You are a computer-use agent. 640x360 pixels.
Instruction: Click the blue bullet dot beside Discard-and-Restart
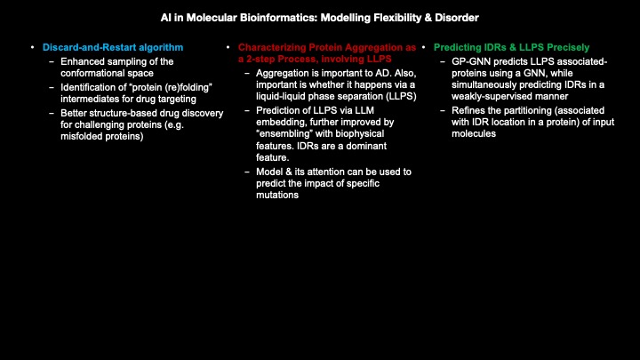tap(32, 46)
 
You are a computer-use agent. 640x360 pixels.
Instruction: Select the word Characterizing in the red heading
tap(271, 46)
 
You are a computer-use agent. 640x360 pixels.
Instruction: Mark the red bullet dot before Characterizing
tap(228, 46)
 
